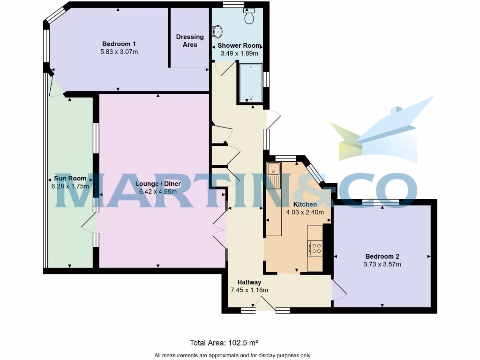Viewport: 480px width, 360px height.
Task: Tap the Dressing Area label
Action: [x=190, y=41]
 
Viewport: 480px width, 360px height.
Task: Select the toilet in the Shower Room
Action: [x=249, y=16]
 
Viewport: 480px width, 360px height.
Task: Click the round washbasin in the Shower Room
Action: [x=218, y=31]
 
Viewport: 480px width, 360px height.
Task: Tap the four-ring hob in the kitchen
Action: [x=315, y=247]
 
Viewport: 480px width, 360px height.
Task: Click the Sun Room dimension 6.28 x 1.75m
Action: [x=70, y=186]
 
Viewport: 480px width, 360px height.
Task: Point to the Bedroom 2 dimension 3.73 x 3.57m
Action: [x=382, y=264]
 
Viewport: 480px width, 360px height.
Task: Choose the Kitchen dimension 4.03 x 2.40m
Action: [x=305, y=212]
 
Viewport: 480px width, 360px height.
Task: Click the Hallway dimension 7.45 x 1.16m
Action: [x=249, y=290]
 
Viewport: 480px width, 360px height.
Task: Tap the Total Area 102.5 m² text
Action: [x=224, y=343]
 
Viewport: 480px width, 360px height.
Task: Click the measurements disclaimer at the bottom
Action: [x=232, y=355]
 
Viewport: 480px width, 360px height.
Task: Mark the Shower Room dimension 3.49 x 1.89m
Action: [x=239, y=53]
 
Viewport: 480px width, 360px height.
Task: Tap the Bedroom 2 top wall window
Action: [x=380, y=202]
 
